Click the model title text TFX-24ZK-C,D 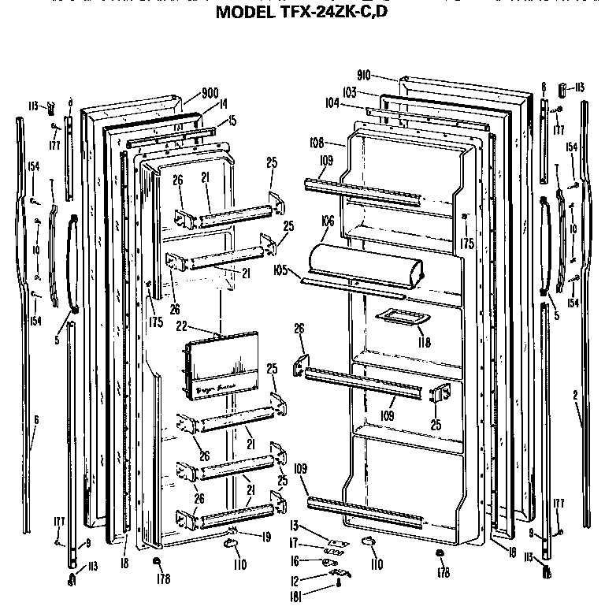click(x=302, y=12)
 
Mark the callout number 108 click(x=339, y=144)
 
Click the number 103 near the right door click(x=350, y=92)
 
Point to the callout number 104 click(x=332, y=102)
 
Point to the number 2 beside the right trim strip click(x=576, y=394)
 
